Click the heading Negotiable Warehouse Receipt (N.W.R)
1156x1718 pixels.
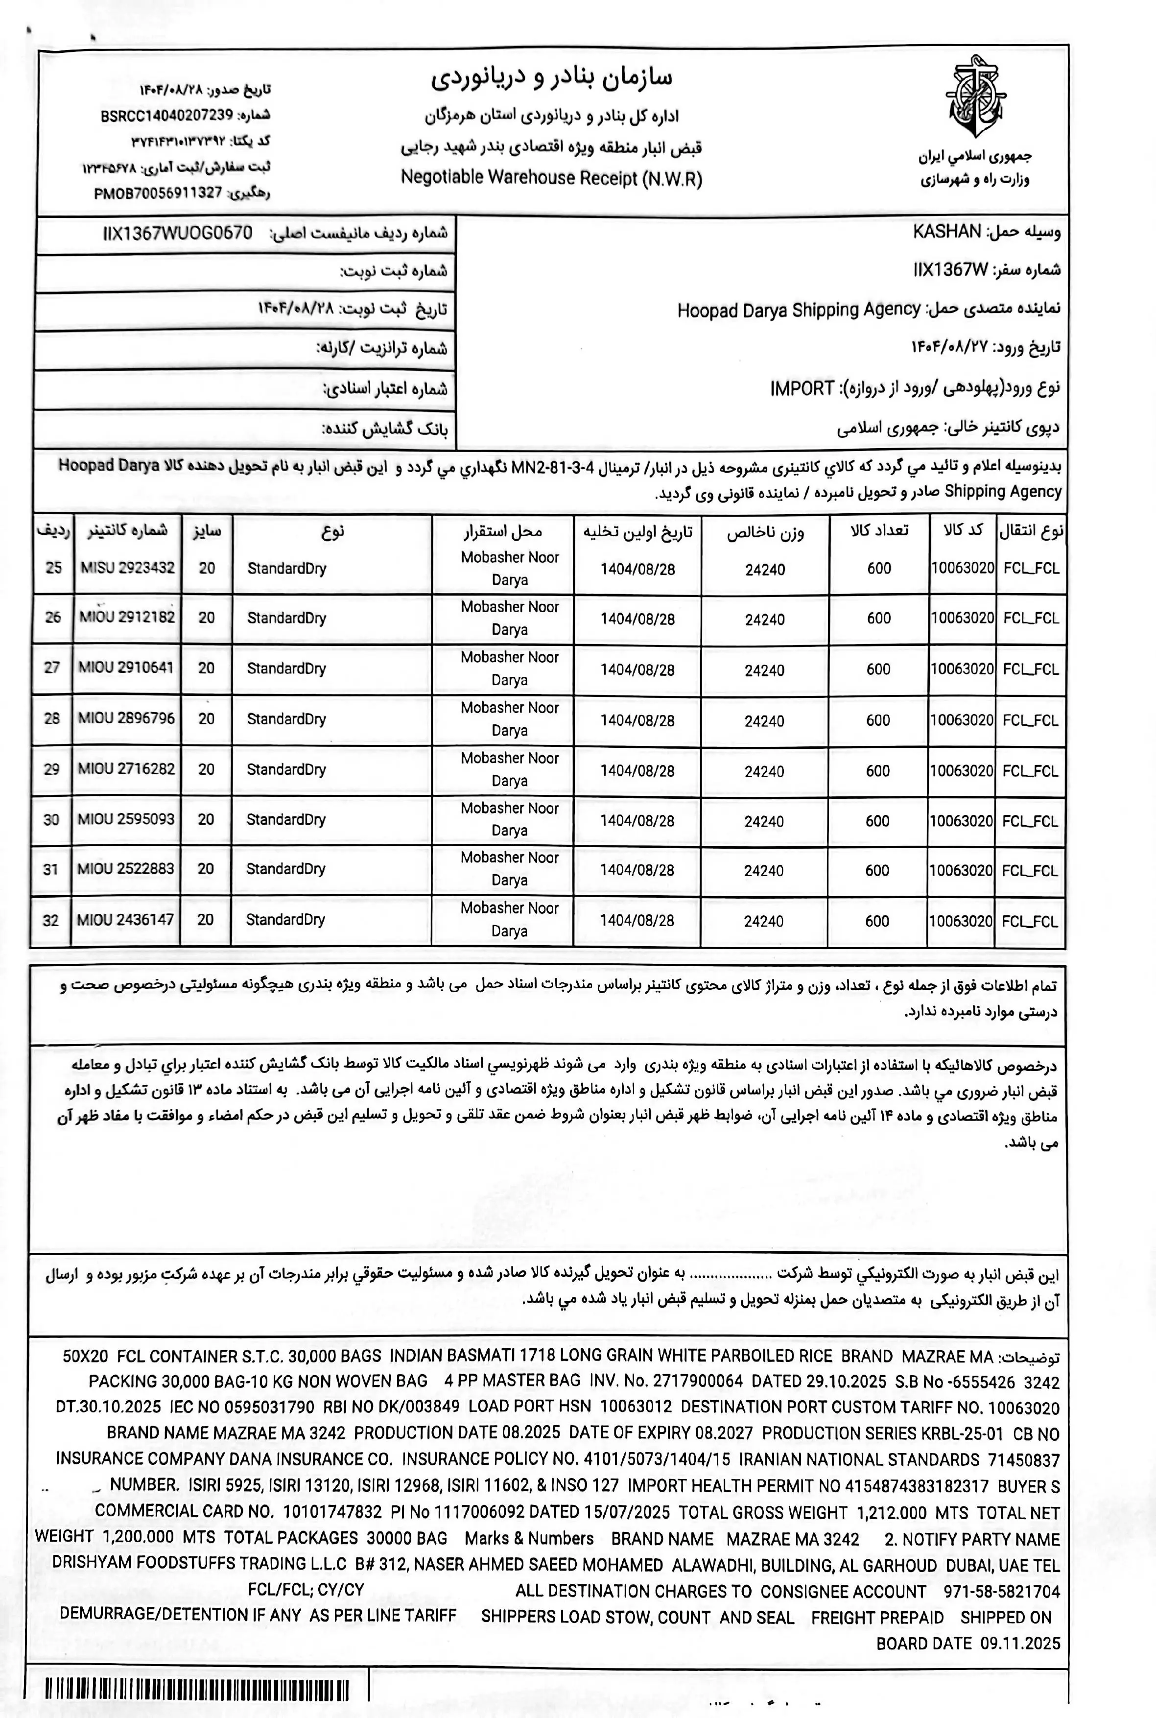551,178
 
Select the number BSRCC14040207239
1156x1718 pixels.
166,116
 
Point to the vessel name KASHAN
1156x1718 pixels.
946,232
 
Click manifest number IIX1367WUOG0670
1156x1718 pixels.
178,234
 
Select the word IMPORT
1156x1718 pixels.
802,388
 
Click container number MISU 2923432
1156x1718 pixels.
127,568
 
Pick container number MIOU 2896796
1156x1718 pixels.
127,718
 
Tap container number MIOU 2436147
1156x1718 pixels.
126,919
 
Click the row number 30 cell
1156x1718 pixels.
51,819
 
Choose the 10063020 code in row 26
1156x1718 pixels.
962,618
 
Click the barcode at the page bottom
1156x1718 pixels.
198,1689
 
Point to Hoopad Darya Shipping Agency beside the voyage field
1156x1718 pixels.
799,310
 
